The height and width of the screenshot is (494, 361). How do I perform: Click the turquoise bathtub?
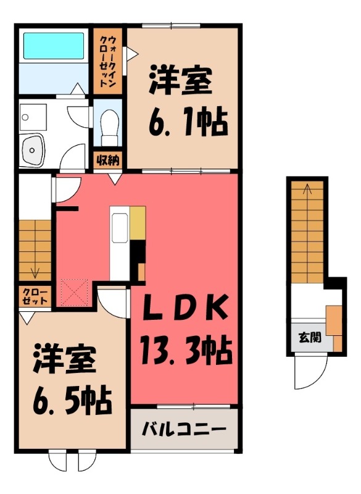[x=54, y=46]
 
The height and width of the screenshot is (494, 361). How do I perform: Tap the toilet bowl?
[x=110, y=127]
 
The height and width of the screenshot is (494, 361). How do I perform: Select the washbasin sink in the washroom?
[x=32, y=150]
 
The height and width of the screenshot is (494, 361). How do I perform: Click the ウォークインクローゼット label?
[x=108, y=61]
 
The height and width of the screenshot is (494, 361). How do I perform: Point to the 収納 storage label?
[x=108, y=161]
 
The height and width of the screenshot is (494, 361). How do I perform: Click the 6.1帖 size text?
[x=187, y=122]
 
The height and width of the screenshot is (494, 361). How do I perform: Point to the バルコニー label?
[x=184, y=429]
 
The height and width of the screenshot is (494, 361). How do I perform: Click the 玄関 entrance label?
[x=310, y=337]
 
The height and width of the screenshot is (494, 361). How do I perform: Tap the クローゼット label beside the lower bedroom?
[x=35, y=296]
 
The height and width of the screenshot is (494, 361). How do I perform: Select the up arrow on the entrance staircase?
[x=307, y=189]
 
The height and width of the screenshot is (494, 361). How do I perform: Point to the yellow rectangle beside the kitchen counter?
[x=138, y=222]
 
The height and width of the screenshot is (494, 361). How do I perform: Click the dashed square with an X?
[x=74, y=292]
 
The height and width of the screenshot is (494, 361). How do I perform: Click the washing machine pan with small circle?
[x=33, y=117]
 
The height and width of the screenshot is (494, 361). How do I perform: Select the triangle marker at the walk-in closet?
[x=132, y=54]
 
